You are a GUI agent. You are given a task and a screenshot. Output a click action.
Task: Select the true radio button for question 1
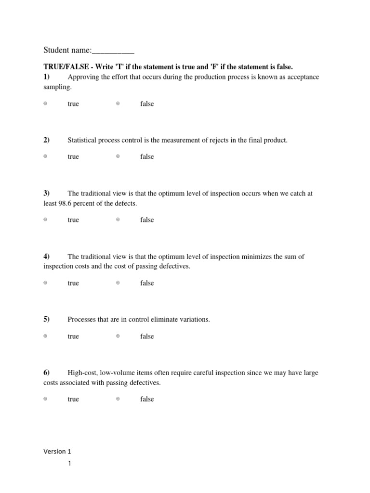pos(45,104)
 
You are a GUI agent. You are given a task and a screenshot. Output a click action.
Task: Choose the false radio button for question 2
pos(118,156)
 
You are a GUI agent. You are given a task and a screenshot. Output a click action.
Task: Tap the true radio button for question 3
pos(45,220)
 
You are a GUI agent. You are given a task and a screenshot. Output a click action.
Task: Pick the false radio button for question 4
pos(118,283)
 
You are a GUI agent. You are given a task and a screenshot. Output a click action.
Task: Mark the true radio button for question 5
pos(45,336)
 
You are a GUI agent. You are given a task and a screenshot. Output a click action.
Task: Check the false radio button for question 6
pos(118,399)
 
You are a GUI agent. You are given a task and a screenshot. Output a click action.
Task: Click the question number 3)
pos(47,193)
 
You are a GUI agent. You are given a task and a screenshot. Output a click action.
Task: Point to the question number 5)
pos(47,319)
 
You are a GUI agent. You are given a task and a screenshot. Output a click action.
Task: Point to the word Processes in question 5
pos(81,319)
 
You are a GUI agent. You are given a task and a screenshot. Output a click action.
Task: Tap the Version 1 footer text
pos(57,451)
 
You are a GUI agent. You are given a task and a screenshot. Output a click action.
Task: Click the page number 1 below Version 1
pos(69,464)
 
